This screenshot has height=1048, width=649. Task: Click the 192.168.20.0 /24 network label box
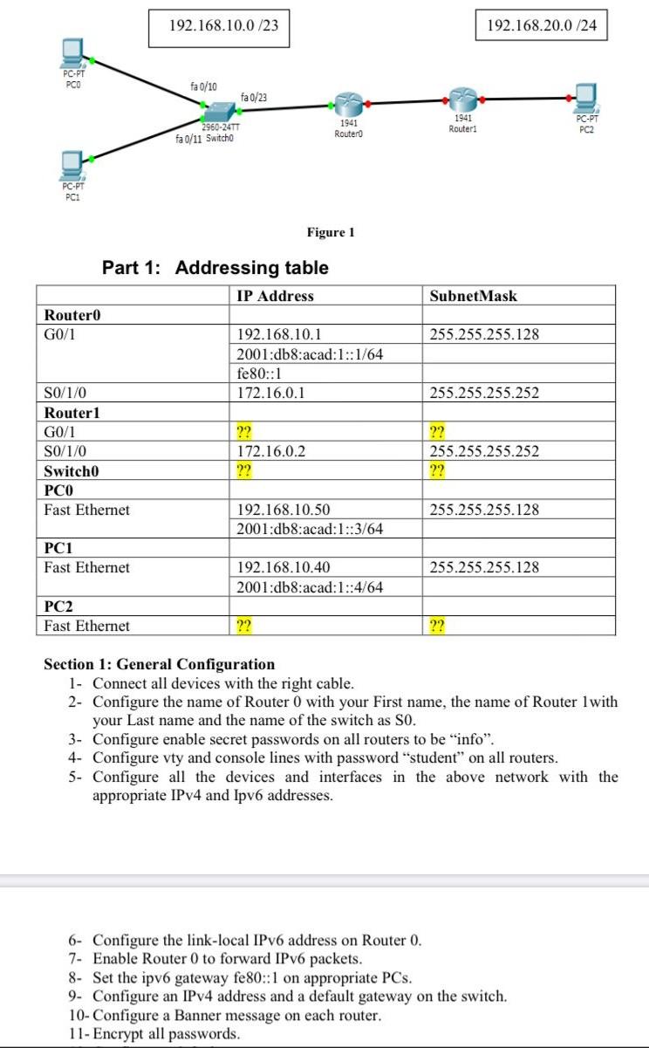pyautogui.click(x=541, y=26)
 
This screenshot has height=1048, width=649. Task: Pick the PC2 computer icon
pyautogui.click(x=586, y=96)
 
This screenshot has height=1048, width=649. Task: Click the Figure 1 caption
pyautogui.click(x=331, y=232)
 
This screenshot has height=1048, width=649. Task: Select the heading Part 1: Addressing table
pyautogui.click(x=215, y=267)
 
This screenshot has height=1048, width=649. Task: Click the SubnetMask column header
pyautogui.click(x=474, y=296)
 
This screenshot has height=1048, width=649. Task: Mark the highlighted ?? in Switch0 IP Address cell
pyautogui.click(x=245, y=470)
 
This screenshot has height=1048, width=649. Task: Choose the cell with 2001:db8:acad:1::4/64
pyautogui.click(x=310, y=587)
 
